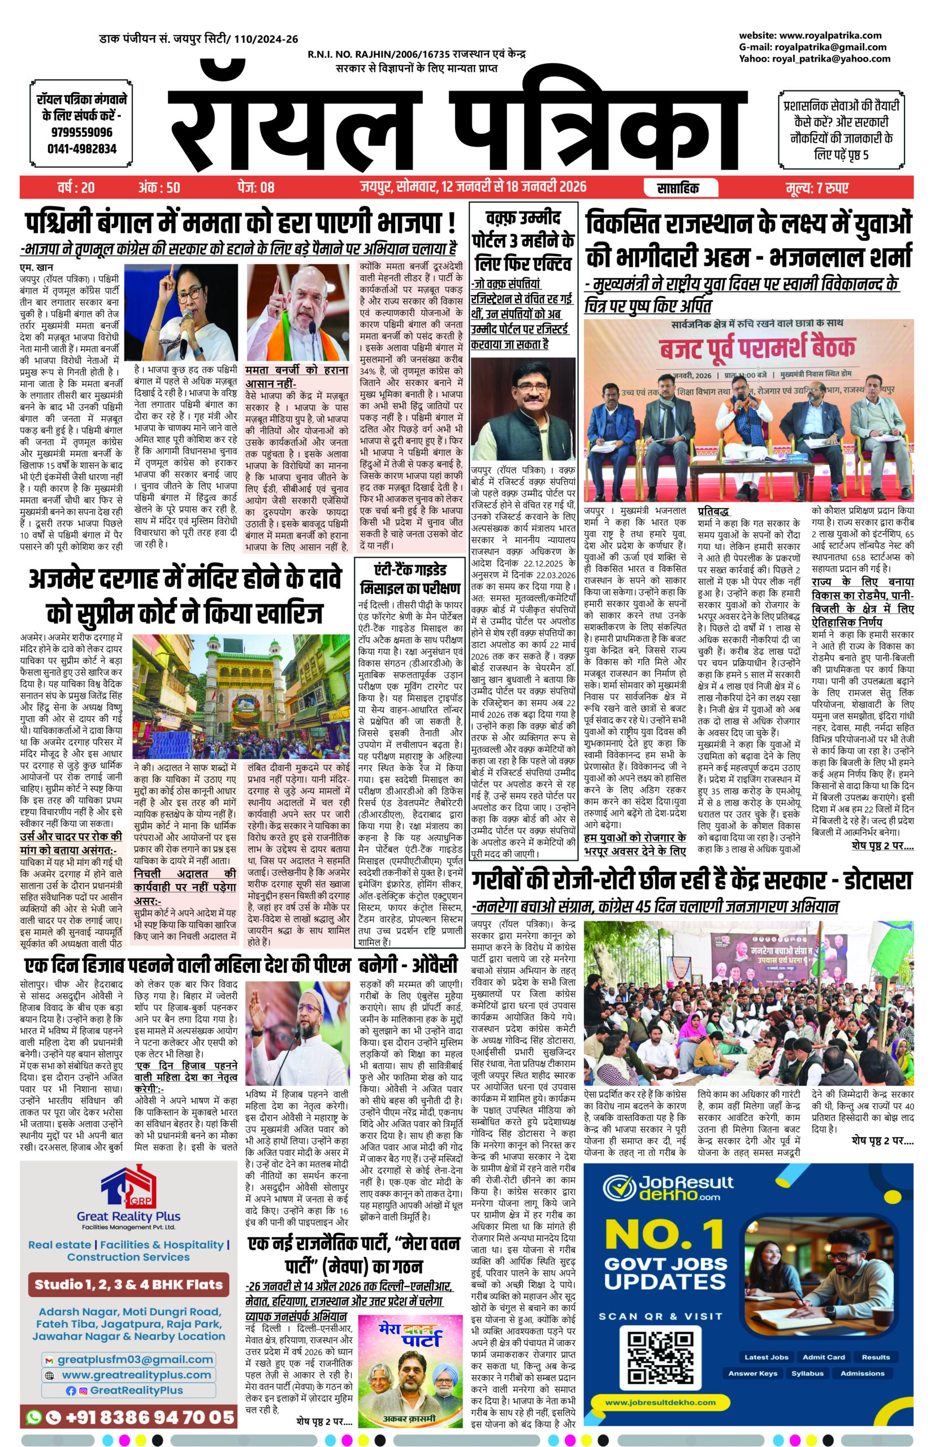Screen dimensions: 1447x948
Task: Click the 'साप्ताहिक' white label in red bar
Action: (x=677, y=188)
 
